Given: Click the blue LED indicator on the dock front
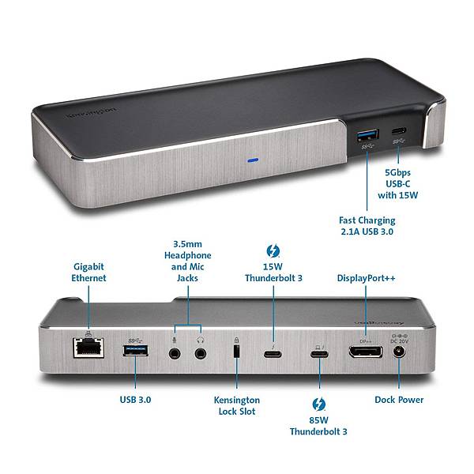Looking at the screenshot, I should (253, 159).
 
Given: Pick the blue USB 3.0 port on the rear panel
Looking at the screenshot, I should (134, 348).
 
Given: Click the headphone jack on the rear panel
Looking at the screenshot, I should (201, 349).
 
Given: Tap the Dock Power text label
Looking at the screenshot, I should (398, 401).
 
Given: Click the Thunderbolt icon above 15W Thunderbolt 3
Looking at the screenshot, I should (273, 251).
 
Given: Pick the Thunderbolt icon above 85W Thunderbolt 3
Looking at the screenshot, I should (319, 404).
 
